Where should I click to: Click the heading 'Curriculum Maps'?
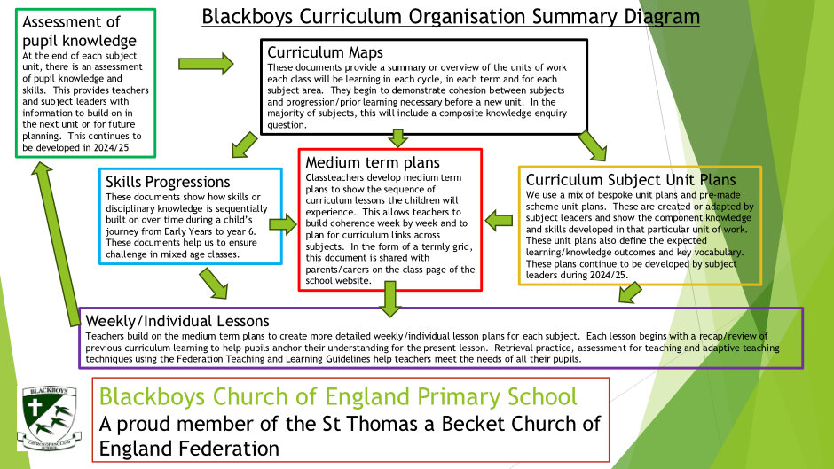[325, 52]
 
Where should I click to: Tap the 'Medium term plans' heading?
[373, 162]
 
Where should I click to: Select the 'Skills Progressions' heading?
[168, 182]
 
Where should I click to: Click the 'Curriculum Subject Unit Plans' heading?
[631, 180]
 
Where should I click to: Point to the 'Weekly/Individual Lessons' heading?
[177, 321]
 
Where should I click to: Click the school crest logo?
[49, 419]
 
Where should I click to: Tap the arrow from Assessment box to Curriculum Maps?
[206, 64]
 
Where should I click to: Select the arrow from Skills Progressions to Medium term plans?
[283, 224]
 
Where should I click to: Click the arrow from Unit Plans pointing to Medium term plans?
[499, 220]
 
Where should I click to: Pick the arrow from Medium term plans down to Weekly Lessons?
[390, 299]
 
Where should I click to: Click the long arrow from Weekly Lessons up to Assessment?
[58, 244]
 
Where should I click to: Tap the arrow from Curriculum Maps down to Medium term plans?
[397, 137]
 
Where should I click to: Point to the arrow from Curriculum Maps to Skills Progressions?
[244, 145]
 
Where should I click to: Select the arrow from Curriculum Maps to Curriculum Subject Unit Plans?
[593, 145]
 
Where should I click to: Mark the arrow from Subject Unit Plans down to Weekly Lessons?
[630, 293]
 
